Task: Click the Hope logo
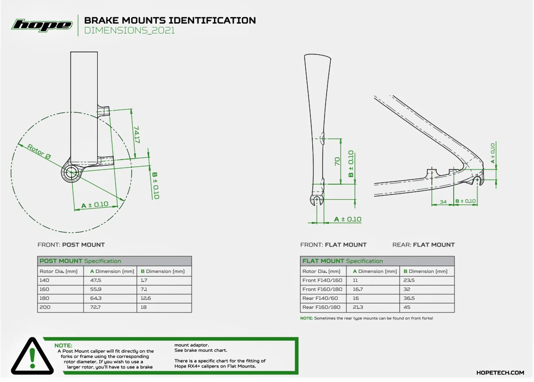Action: pos(42,25)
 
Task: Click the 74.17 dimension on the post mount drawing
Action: pos(137,135)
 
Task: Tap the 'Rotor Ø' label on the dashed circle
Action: pos(39,152)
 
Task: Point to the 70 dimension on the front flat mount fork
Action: pos(337,161)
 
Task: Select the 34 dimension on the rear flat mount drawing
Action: pos(443,202)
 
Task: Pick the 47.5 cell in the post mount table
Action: pos(96,280)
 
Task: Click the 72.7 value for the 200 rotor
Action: pos(95,307)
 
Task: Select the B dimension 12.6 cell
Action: pos(146,298)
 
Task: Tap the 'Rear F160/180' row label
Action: pos(321,307)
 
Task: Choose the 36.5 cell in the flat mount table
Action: pos(409,298)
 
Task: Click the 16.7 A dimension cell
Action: pos(358,289)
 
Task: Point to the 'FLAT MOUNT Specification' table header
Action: pos(343,261)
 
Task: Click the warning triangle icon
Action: pos(32,356)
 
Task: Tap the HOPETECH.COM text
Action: pos(500,373)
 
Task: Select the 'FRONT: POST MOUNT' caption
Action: pos(71,245)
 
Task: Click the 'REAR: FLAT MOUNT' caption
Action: pos(423,245)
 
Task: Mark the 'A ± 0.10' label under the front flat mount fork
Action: pos(348,219)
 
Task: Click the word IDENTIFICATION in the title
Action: pos(212,20)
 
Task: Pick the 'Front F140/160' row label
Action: pos(322,280)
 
